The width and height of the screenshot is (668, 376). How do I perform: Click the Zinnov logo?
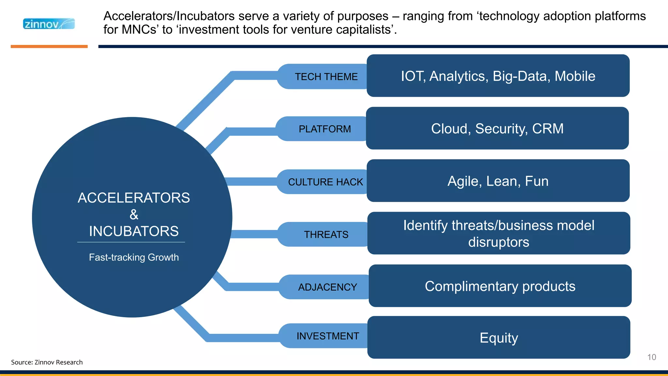(49, 24)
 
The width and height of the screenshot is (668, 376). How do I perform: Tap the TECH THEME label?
(326, 77)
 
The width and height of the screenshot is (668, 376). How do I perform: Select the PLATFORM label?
(325, 129)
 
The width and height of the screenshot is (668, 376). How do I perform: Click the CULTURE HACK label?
(325, 182)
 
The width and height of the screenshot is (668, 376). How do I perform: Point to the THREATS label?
(326, 234)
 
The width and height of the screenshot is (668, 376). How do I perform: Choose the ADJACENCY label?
(327, 287)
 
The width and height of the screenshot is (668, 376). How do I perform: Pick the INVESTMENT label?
(327, 336)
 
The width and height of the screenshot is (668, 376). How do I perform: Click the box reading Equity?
(498, 337)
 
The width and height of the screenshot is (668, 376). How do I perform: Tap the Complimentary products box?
(500, 286)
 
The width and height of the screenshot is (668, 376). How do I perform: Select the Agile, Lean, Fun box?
(498, 181)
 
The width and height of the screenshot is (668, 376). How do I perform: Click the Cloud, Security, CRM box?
(497, 128)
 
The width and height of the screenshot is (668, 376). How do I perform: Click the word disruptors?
(498, 242)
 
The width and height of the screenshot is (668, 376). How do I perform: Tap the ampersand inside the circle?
(134, 215)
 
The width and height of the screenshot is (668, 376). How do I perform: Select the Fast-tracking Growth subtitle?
(134, 257)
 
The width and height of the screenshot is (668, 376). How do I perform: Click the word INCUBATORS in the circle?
(134, 231)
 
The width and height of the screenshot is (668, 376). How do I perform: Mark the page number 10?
(651, 357)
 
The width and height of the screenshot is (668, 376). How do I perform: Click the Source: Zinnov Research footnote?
(47, 362)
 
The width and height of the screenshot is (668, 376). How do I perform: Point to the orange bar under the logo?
(49, 46)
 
